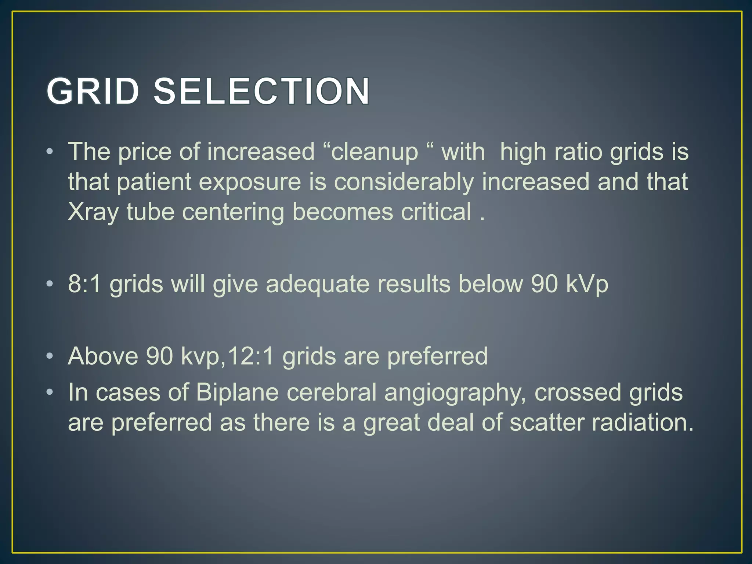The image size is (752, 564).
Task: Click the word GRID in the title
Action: (x=93, y=91)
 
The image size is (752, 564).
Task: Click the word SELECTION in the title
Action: (x=261, y=91)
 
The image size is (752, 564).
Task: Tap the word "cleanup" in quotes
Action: (x=374, y=152)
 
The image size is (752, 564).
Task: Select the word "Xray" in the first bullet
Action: (x=93, y=213)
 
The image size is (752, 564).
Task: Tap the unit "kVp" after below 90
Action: (x=587, y=285)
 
